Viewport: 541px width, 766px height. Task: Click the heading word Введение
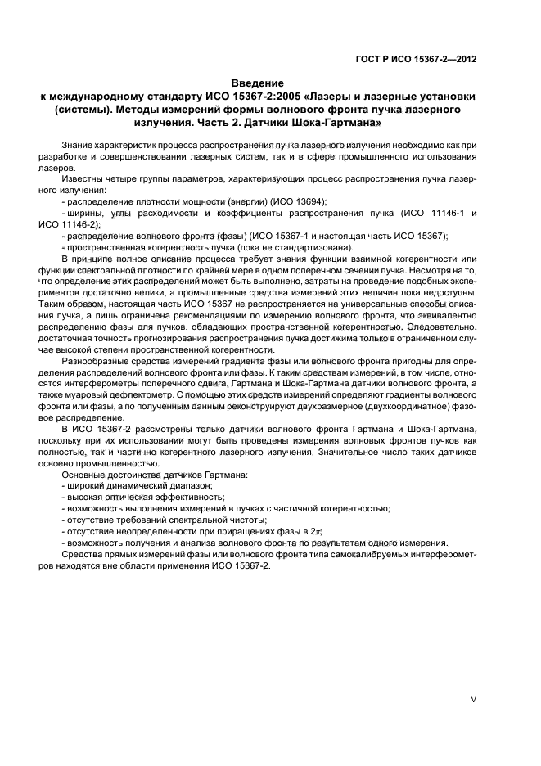(x=258, y=83)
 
